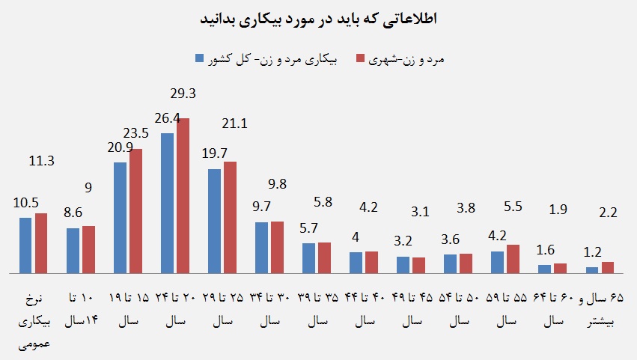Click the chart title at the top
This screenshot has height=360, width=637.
click(x=318, y=19)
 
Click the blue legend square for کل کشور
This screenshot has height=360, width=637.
click(x=199, y=58)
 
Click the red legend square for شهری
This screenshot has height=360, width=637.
click(x=360, y=58)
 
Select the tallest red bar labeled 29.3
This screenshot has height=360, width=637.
click(x=183, y=196)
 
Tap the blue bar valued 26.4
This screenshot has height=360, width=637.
click(x=167, y=203)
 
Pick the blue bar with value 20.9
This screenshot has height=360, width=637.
click(x=120, y=218)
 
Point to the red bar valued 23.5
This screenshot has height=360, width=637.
click(x=135, y=212)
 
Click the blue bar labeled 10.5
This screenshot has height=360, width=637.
click(x=25, y=245)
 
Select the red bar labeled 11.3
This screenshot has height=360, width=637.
click(x=41, y=243)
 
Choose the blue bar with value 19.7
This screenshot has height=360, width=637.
click(x=214, y=221)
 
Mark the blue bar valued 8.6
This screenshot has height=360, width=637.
click(x=73, y=251)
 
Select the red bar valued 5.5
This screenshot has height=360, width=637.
click(x=513, y=259)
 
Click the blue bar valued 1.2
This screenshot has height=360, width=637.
click(x=592, y=269)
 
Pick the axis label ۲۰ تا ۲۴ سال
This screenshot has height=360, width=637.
click(x=174, y=309)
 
